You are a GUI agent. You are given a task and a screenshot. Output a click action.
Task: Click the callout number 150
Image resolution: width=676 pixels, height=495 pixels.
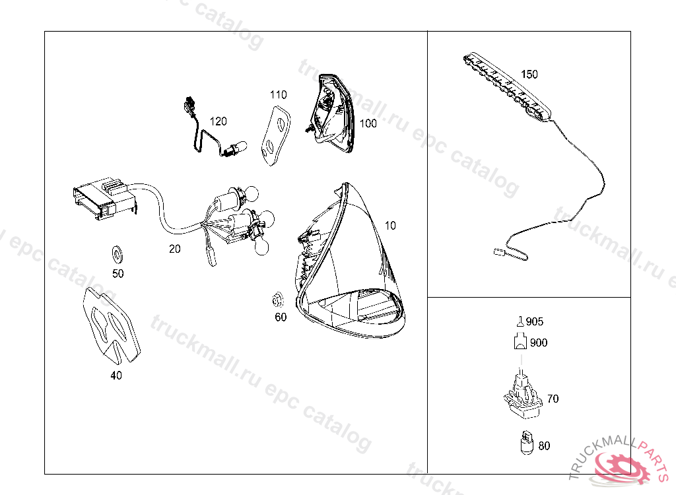(x=529, y=74)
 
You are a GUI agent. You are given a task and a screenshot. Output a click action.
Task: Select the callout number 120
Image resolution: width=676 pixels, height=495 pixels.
(x=218, y=121)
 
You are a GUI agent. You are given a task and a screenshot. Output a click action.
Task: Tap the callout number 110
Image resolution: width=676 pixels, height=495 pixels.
(x=278, y=94)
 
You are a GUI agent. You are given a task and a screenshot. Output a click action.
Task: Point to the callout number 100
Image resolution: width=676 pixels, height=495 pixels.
(x=368, y=123)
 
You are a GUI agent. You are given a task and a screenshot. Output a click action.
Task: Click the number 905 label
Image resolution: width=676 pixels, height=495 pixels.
(x=535, y=321)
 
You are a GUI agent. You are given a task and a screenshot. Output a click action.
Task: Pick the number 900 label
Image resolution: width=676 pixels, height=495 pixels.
(x=539, y=343)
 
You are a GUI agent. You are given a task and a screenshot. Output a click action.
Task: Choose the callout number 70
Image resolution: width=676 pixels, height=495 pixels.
(x=553, y=399)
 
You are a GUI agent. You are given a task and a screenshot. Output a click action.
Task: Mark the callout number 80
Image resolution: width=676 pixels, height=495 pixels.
(x=544, y=445)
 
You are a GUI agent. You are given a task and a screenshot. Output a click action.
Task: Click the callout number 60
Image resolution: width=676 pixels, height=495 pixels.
(x=281, y=317)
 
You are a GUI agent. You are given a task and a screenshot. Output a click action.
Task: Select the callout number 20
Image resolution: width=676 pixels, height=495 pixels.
(x=174, y=249)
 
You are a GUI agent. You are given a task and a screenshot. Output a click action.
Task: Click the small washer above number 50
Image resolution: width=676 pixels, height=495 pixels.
(x=117, y=254)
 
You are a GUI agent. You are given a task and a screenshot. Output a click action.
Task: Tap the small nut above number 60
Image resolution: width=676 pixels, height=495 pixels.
(x=278, y=300)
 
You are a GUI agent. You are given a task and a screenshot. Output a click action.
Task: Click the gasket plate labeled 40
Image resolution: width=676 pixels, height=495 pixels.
(x=111, y=324)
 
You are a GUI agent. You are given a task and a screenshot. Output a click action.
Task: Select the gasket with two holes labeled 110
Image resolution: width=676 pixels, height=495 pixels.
(x=276, y=136)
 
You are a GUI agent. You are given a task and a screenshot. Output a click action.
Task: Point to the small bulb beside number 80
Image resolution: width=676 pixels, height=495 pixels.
(x=526, y=442)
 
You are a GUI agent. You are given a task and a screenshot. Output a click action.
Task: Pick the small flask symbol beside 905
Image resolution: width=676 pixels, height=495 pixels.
(x=520, y=321)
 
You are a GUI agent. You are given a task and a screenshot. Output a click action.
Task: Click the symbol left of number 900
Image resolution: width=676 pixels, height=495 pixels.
(x=520, y=341)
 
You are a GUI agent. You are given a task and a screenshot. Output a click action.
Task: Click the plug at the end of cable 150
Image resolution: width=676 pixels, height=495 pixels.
(x=499, y=252)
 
